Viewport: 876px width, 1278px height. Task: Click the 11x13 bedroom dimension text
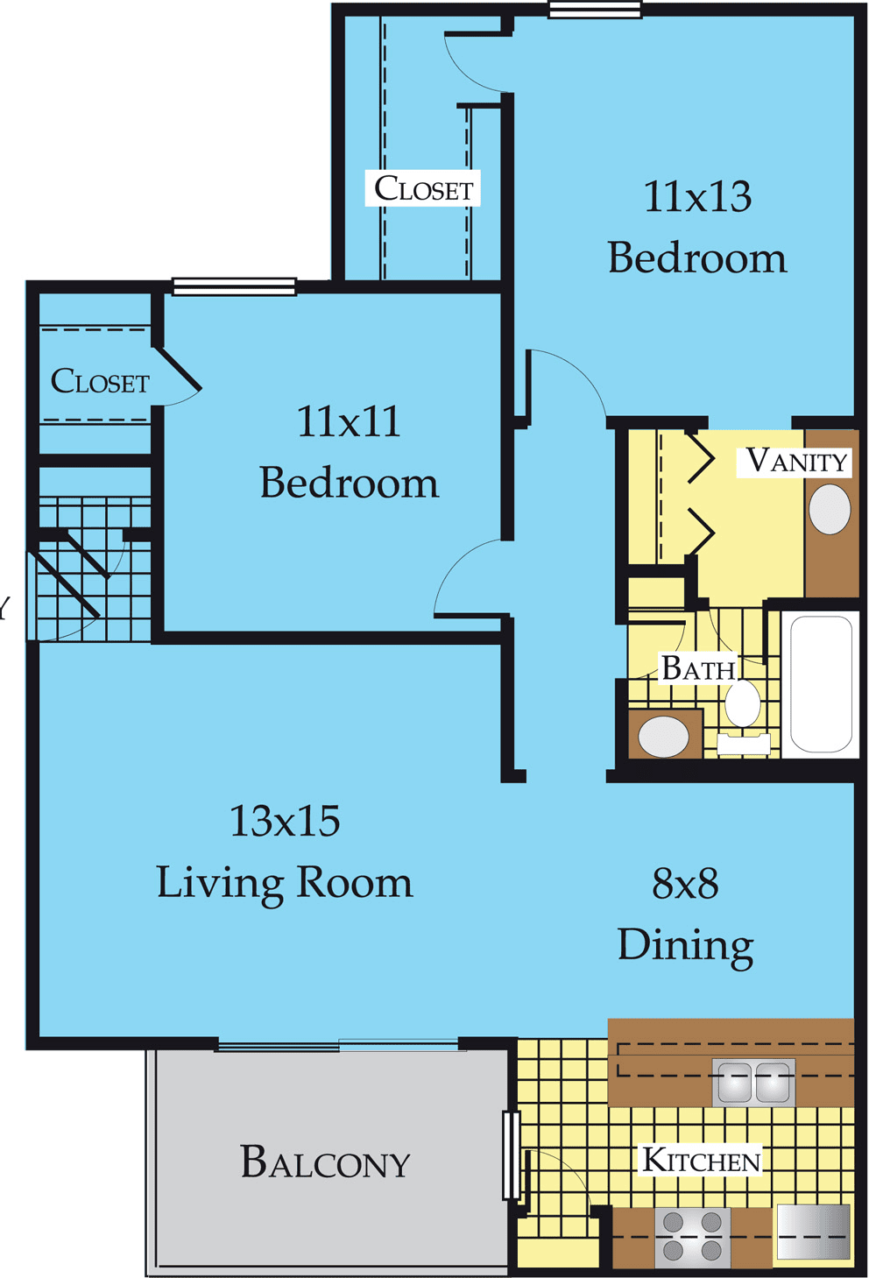point(698,197)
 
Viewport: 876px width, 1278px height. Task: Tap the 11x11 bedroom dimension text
point(348,421)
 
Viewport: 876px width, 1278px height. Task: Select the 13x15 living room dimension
point(285,821)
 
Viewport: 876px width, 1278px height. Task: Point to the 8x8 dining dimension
point(685,884)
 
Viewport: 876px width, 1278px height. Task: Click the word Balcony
point(325,1161)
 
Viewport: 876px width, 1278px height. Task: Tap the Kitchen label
point(702,1160)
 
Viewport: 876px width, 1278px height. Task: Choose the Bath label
point(698,668)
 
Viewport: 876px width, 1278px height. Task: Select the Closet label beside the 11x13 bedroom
point(423,188)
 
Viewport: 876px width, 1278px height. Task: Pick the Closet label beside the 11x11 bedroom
point(100,381)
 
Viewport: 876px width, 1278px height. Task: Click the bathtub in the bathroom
point(821,684)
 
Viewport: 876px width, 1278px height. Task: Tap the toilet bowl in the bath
point(743,704)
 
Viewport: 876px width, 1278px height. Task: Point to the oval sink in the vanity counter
point(830,510)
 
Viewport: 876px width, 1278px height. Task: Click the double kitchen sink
point(754,1083)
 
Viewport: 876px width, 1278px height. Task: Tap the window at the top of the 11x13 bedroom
point(595,10)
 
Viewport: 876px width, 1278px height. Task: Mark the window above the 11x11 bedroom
point(235,287)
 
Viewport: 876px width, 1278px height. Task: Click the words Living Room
point(285,884)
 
